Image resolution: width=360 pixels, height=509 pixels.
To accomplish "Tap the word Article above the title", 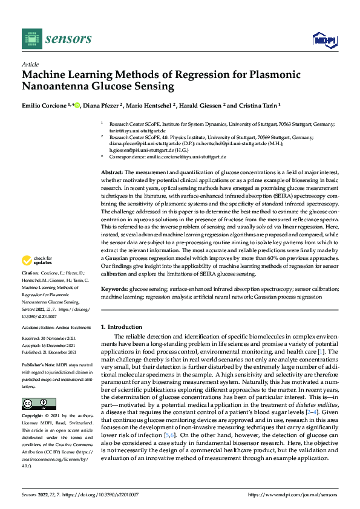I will [x=30, y=64].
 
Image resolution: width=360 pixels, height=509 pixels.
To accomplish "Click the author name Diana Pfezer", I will [x=103, y=105].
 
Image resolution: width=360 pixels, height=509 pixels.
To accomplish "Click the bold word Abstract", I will [x=112, y=172].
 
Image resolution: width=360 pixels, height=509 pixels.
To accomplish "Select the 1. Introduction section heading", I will [x=121, y=326].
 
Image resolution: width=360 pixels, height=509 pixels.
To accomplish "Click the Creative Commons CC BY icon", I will [x=30, y=404].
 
